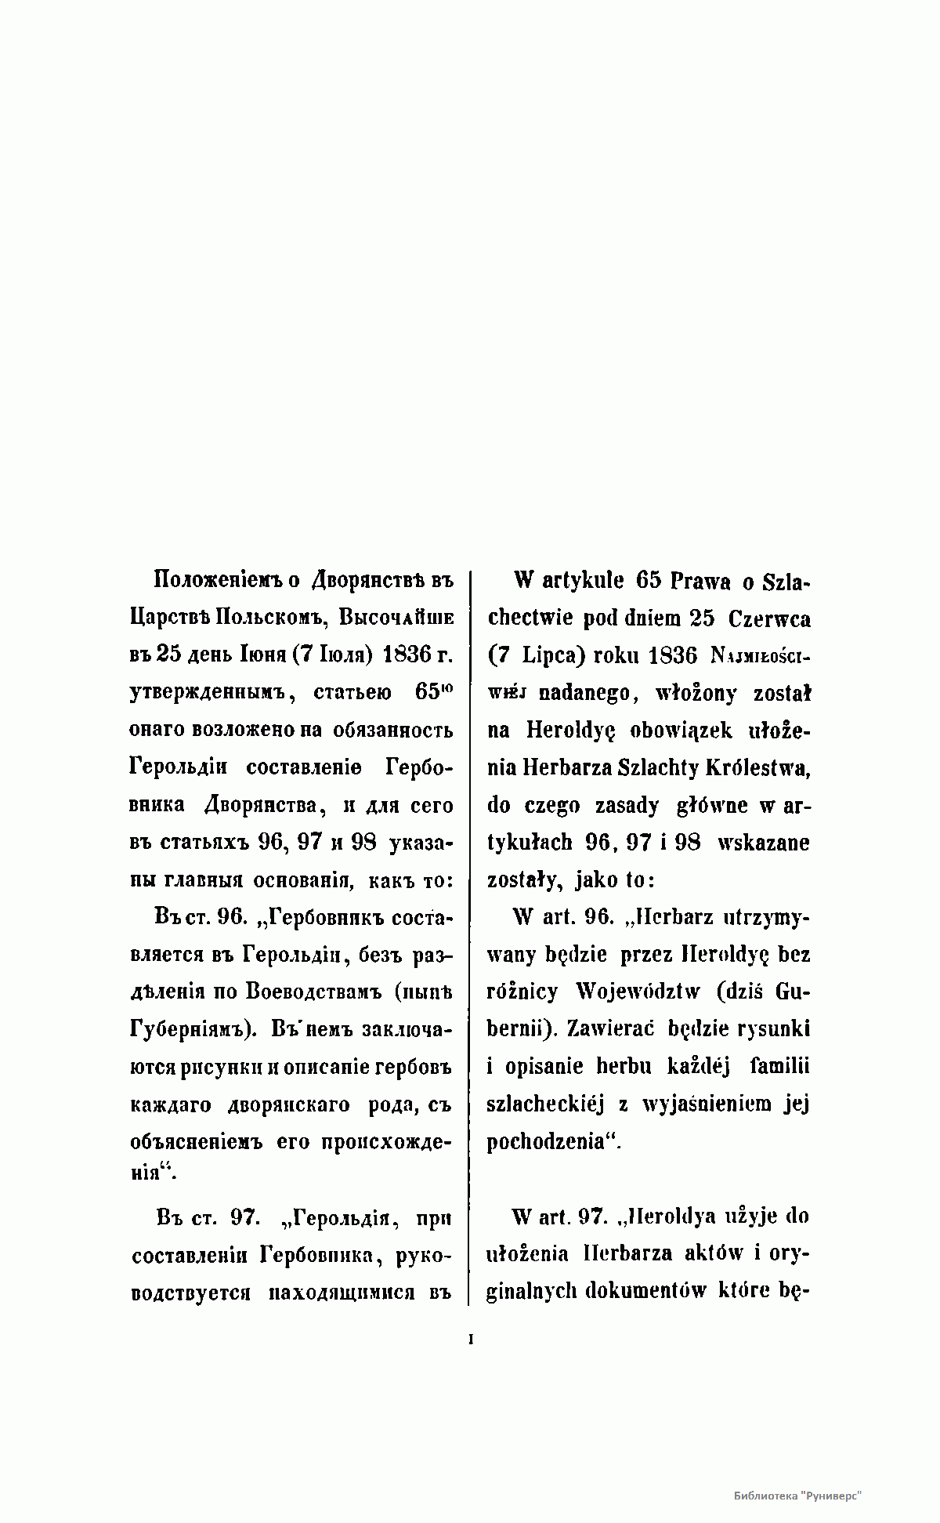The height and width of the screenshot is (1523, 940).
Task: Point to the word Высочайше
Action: [x=396, y=617]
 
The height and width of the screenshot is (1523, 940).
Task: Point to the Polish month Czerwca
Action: [x=769, y=618]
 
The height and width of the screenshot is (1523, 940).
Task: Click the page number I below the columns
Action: [x=471, y=1340]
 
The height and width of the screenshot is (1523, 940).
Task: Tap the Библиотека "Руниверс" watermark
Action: [x=798, y=1495]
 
